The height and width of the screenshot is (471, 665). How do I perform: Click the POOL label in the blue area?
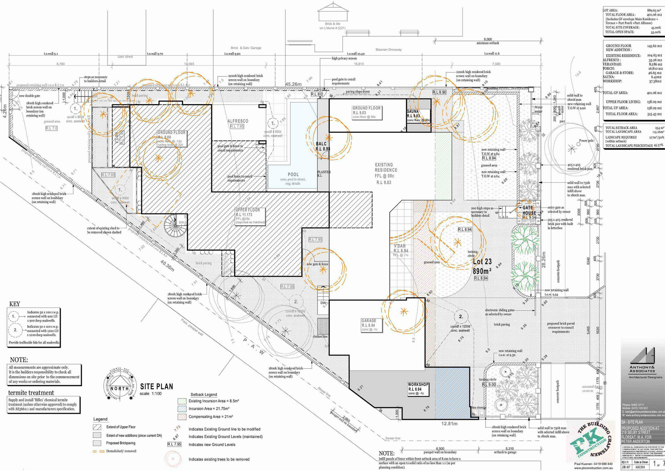click(x=293, y=174)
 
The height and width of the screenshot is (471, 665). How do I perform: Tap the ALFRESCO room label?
click(x=238, y=121)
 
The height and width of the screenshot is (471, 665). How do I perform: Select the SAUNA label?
click(x=413, y=111)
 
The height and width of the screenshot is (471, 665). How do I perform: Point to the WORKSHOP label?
click(x=418, y=385)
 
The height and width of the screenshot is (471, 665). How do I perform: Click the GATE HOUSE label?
click(x=529, y=210)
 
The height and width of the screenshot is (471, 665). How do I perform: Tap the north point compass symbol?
click(x=119, y=388)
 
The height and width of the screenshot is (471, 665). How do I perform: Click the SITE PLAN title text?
click(x=156, y=387)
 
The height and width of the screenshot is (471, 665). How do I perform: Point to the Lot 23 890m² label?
click(x=482, y=266)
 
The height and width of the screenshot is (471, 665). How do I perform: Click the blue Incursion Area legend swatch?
click(x=182, y=409)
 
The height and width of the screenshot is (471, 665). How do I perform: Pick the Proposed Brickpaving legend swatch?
click(x=97, y=443)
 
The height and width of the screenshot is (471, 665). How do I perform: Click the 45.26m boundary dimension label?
click(x=293, y=84)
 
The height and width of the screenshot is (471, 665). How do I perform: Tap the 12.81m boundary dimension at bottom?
click(x=449, y=424)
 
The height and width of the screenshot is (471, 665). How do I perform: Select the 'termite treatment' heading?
click(x=31, y=393)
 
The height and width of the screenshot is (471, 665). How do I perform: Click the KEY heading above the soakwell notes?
click(x=14, y=304)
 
